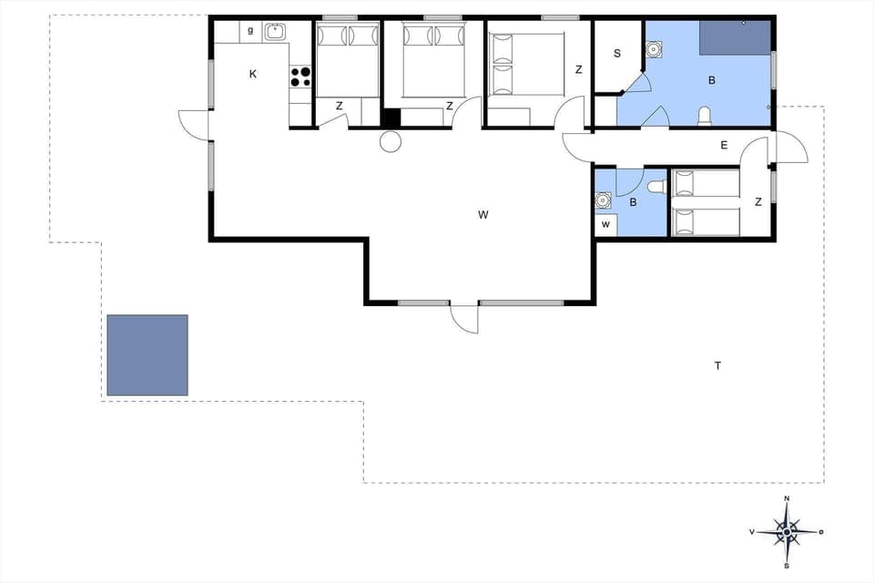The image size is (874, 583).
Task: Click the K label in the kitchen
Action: coord(253,75)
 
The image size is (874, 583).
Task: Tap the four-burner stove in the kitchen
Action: coord(300,77)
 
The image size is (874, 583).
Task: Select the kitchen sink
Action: coord(275,33)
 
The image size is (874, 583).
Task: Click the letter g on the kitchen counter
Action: coord(249,31)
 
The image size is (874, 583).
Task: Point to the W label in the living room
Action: coord(483,215)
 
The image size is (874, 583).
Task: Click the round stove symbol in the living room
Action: coord(391,141)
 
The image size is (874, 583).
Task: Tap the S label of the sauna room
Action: coord(616,54)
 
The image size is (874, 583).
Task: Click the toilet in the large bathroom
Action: coord(704,116)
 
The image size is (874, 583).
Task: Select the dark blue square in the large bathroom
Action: coord(735,37)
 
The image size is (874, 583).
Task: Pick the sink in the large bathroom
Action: coord(654,49)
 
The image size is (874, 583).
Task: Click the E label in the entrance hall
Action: coord(725,145)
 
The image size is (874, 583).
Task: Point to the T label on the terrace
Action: coord(717,366)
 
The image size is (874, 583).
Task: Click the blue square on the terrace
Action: coord(147,355)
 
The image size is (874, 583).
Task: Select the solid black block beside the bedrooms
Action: coord(391,118)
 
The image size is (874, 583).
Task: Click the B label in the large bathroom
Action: coord(712,80)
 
